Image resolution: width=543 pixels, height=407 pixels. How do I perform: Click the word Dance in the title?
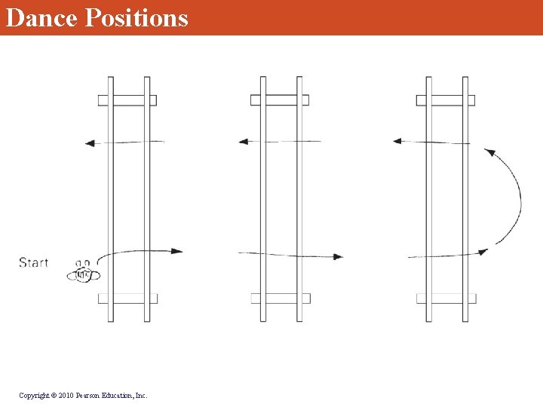coord(41,17)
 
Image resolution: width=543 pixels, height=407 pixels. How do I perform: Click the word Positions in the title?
coord(137,17)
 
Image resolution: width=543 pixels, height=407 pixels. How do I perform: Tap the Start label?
coord(34,263)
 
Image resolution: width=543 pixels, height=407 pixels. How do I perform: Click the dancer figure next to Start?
coord(84,271)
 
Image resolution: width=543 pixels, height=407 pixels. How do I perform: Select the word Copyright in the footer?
coord(34,396)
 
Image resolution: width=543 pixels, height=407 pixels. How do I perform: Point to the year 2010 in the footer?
coord(66,395)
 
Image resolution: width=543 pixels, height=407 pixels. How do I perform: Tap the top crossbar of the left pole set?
coord(127,100)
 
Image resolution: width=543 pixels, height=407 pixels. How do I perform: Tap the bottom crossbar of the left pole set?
coord(127,298)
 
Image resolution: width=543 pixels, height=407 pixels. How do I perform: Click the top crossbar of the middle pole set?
coord(280,100)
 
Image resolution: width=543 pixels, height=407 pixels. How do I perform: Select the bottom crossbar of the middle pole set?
coord(281,298)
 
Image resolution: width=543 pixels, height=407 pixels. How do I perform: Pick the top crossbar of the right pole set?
coord(446,100)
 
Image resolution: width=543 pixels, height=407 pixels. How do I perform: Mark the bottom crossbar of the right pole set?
coord(446,298)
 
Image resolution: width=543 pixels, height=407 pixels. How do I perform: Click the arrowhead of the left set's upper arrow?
coord(90,143)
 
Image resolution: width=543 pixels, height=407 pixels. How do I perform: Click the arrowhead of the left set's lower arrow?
coord(177,251)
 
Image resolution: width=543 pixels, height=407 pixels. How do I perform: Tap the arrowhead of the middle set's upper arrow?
coord(244,142)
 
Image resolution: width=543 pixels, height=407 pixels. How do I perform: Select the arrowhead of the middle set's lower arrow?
coord(338,257)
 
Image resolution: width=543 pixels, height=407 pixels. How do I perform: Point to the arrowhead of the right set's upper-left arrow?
coord(397,141)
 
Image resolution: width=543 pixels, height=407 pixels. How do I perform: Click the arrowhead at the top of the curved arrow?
coord(489,151)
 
